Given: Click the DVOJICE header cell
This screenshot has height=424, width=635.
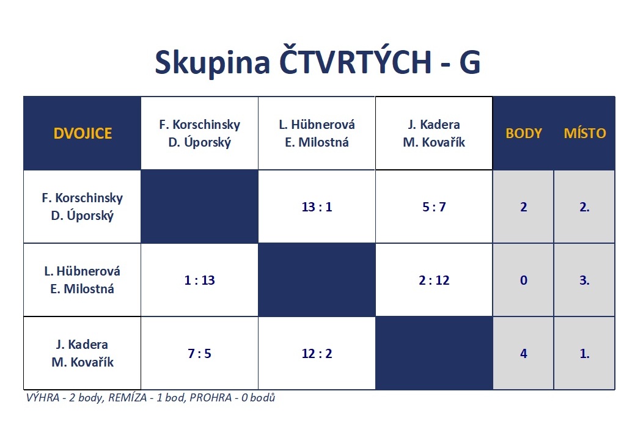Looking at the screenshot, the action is (83, 133).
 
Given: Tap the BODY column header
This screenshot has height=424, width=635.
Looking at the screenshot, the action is (524, 133).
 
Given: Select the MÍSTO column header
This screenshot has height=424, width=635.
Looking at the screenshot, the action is (585, 133).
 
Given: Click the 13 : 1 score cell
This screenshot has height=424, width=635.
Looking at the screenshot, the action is (317, 207).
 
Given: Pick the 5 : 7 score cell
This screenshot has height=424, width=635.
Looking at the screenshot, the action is (434, 207).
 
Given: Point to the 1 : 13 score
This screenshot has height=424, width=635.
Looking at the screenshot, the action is (200, 280).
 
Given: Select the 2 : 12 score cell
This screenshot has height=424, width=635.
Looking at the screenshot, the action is (434, 280).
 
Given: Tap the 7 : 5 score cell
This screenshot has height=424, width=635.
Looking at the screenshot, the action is (200, 354).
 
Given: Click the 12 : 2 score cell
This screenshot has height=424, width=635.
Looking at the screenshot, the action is (317, 354).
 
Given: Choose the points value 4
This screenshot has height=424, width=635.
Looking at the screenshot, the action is (524, 354).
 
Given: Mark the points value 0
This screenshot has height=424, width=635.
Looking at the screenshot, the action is (524, 280).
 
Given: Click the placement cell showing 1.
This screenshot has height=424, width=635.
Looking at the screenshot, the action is (584, 354).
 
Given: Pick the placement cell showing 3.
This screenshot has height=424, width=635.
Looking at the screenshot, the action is (584, 280).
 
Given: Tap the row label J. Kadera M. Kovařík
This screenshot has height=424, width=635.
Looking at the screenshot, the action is (83, 353).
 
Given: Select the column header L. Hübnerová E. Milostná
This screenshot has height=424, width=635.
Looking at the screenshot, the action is (317, 133).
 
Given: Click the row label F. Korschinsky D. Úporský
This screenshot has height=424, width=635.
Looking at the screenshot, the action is (83, 207).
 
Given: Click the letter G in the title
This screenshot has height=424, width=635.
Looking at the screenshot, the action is (470, 62).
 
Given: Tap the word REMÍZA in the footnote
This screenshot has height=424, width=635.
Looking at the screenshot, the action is (128, 398).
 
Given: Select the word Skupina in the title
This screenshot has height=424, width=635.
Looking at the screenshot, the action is (213, 62).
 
